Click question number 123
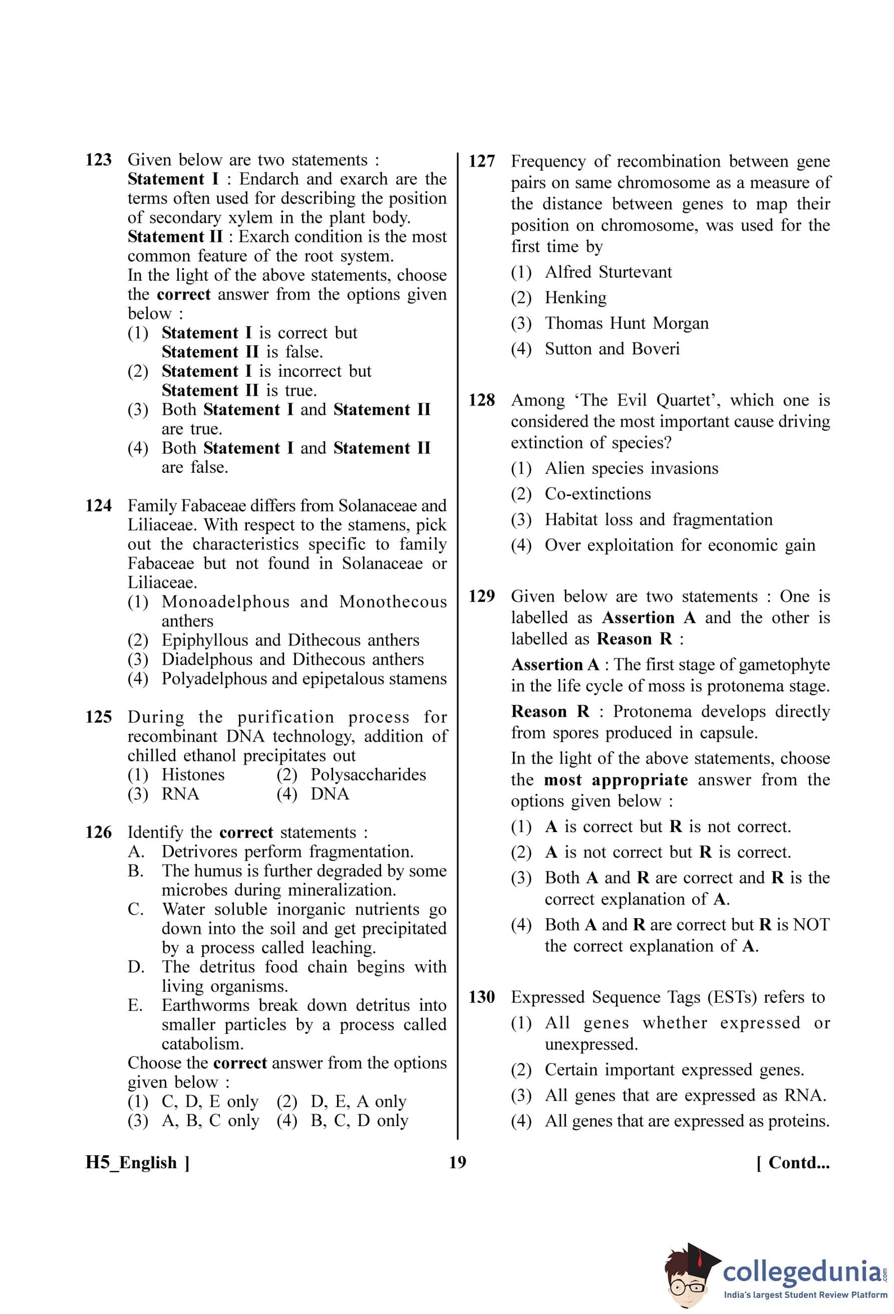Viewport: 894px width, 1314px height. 98,160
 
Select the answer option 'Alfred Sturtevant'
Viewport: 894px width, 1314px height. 608,272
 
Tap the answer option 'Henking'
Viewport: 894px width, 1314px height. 575,298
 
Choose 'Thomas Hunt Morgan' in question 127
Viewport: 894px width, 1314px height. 626,323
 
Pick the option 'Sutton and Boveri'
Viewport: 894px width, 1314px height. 612,348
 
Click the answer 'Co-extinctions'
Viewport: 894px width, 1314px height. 598,493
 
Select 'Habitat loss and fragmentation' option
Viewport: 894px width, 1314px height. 658,519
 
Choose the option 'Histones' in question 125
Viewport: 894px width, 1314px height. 193,774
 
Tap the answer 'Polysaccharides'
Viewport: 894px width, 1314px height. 368,774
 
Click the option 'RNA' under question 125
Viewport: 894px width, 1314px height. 180,794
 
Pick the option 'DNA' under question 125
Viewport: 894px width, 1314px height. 330,794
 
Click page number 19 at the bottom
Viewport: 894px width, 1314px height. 457,1162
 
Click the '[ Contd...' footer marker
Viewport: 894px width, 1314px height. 793,1163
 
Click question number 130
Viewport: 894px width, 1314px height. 481,997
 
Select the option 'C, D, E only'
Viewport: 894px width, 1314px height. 210,1102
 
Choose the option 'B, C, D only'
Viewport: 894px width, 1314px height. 359,1121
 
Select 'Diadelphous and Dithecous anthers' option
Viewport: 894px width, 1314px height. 292,659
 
